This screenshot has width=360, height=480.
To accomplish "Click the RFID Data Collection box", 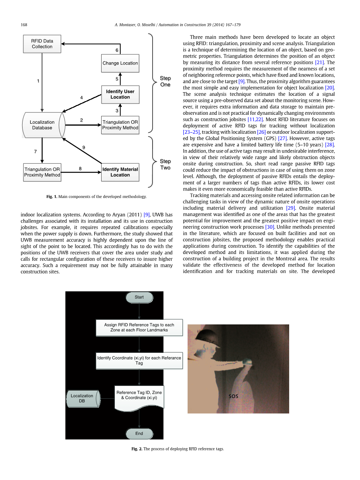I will click(42, 44).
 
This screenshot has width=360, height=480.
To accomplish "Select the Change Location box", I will click(120, 63).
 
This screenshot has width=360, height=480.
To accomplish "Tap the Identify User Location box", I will click(120, 94).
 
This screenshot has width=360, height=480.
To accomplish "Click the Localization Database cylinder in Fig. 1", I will click(42, 125).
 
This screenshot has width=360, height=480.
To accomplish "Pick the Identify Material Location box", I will click(120, 172).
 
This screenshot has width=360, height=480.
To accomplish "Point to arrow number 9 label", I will click(84, 147).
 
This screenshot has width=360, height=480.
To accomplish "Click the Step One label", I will click(165, 81).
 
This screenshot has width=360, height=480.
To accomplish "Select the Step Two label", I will click(165, 164).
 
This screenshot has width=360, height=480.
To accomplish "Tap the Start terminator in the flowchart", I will click(139, 297).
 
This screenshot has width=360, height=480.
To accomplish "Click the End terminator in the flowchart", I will click(139, 433).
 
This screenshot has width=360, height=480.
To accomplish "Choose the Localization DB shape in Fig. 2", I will click(82, 398).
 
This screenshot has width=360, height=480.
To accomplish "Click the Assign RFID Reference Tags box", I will click(139, 328).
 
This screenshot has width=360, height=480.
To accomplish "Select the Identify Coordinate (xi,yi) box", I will click(139, 361).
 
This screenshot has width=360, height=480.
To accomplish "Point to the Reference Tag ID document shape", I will click(139, 396).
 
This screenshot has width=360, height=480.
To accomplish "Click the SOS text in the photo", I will click(234, 396).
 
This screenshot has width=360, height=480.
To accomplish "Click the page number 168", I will click(24, 25).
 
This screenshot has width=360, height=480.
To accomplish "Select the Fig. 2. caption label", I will click(137, 449).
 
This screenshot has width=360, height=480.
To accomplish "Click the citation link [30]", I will click(270, 227).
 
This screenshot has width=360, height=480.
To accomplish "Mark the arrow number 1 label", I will click(38, 81).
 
